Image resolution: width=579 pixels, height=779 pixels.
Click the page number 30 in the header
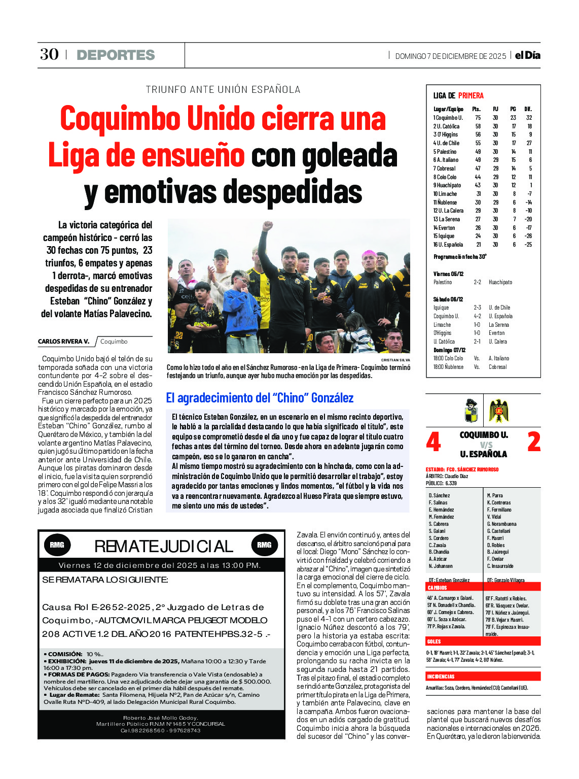[x=49, y=54]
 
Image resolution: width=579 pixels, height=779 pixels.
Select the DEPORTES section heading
[x=116, y=55]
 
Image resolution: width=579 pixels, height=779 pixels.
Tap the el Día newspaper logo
[x=527, y=55]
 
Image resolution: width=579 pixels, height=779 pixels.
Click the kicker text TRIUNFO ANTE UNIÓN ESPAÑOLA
[x=223, y=90]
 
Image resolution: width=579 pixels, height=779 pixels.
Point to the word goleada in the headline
[x=350, y=156]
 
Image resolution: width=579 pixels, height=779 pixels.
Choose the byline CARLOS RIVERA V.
[x=63, y=342]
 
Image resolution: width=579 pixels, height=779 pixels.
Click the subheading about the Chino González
[x=260, y=398]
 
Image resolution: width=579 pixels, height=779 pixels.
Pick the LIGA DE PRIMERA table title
[x=458, y=95]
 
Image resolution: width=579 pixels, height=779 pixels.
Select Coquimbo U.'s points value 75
[x=478, y=118]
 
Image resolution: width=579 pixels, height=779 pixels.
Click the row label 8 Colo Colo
[x=445, y=177]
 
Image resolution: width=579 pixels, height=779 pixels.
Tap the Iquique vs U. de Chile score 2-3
[x=477, y=308]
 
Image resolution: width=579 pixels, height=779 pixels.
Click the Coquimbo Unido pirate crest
[x=472, y=411]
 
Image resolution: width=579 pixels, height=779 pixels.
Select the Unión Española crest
[x=499, y=411]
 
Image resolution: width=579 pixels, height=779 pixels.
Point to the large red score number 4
[x=433, y=442]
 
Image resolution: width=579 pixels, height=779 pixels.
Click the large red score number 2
[x=534, y=442]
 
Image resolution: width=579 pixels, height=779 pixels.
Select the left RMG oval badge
[x=57, y=545]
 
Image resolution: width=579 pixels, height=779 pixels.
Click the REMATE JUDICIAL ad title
[x=163, y=546]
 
